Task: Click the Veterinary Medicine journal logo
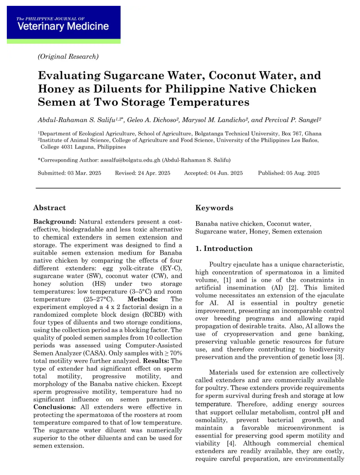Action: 63,24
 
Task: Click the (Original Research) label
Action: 68,57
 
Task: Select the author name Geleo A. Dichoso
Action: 151,120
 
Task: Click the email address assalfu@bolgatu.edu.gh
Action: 130,160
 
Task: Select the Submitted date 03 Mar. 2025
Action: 84,173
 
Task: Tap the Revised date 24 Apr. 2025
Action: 154,173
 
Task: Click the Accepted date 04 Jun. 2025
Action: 226,173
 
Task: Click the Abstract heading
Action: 49,208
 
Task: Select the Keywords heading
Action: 214,208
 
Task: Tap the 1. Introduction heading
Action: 224,249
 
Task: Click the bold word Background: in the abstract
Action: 55,222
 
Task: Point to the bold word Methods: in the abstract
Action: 142,299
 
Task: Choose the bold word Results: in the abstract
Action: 156,361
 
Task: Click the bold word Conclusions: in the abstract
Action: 54,407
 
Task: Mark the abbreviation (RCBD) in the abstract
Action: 154,315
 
